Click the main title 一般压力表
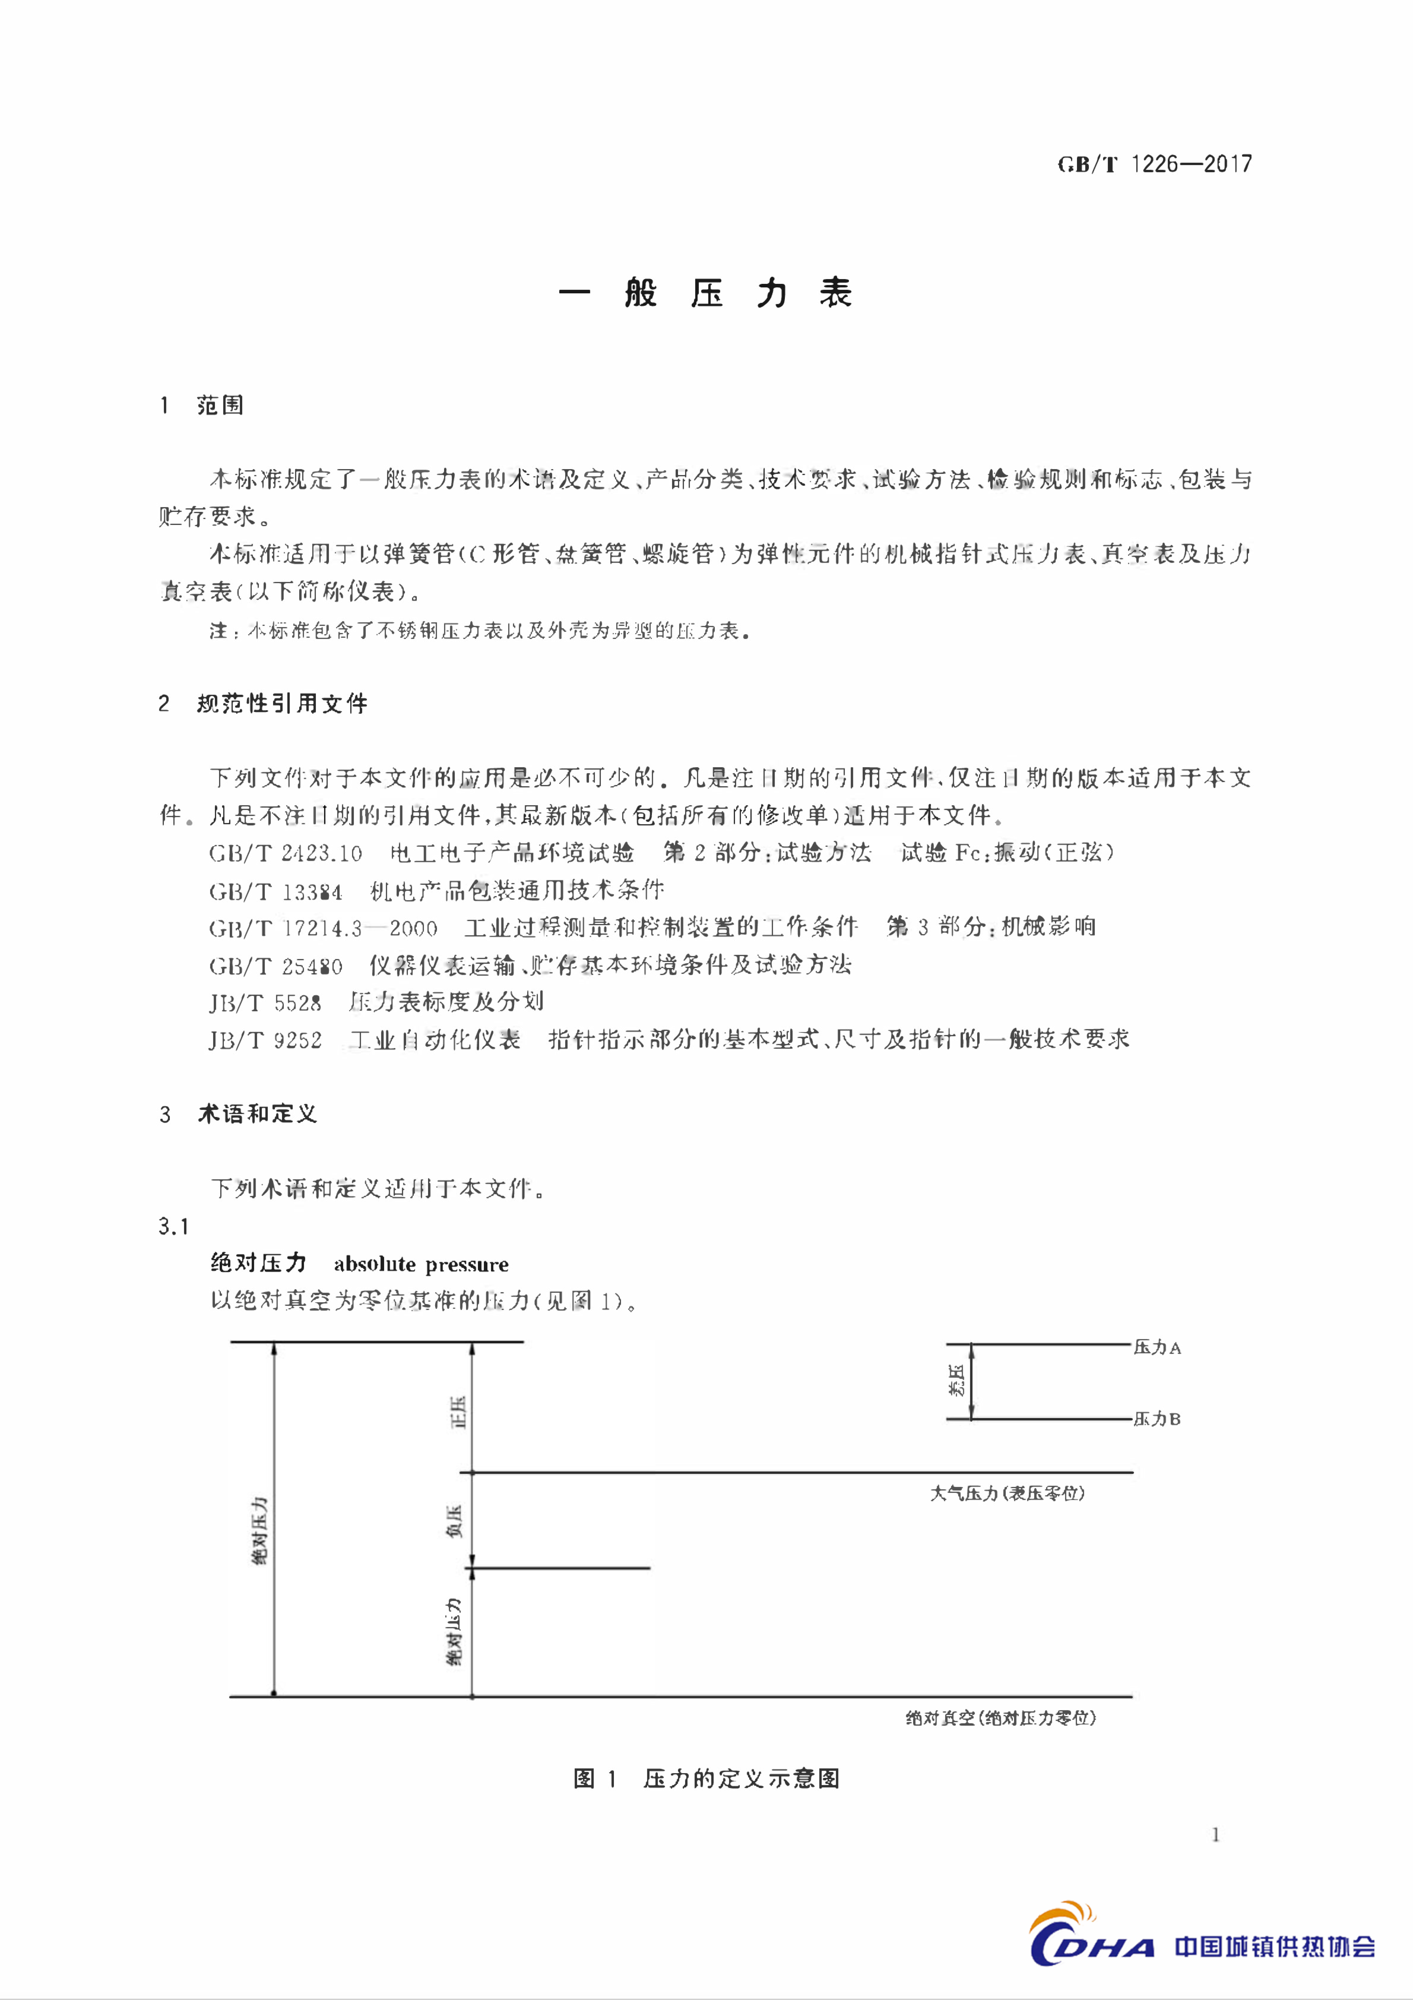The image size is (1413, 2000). pyautogui.click(x=706, y=294)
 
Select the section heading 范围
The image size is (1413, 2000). pyautogui.click(x=219, y=405)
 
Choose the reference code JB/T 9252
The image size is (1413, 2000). pyautogui.click(x=265, y=1040)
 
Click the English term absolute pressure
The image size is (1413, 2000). pyautogui.click(x=421, y=1264)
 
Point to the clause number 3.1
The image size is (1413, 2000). pyautogui.click(x=173, y=1226)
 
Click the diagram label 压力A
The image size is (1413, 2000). pyautogui.click(x=1157, y=1348)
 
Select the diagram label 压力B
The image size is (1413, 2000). pyautogui.click(x=1157, y=1419)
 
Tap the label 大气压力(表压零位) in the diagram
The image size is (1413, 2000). pyautogui.click(x=1007, y=1493)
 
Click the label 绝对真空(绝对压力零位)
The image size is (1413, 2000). pyautogui.click(x=1000, y=1718)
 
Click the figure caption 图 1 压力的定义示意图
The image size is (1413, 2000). pyautogui.click(x=706, y=1779)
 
